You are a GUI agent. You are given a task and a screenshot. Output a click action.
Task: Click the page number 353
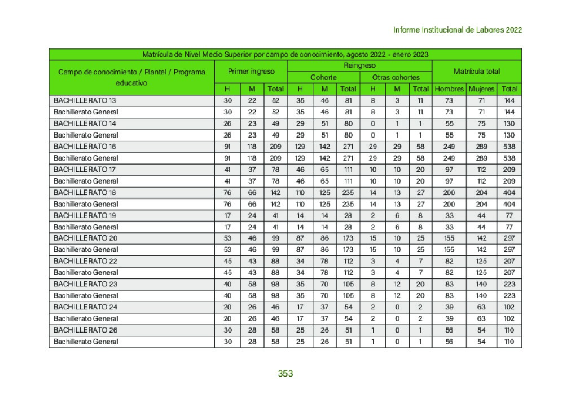[x=285, y=373]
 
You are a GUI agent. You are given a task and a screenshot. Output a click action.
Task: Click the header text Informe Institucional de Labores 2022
[x=457, y=30]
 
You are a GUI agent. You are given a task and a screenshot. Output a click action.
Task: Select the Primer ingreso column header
[x=251, y=72]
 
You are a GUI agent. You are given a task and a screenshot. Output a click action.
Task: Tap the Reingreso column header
[x=359, y=66]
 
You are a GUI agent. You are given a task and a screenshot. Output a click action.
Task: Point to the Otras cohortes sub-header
[x=396, y=77]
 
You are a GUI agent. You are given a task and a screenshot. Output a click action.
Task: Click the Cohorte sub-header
[x=323, y=77]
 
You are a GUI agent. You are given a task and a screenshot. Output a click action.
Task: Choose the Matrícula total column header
[x=477, y=72]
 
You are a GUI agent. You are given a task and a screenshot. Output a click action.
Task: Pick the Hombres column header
[x=449, y=89]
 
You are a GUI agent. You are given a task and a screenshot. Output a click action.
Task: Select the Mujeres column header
[x=481, y=89]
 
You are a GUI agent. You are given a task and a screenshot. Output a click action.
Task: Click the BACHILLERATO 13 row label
[x=85, y=100]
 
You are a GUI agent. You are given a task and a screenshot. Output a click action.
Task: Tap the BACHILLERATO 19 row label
[x=85, y=215]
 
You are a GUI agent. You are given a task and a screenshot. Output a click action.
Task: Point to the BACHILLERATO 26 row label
[x=85, y=330]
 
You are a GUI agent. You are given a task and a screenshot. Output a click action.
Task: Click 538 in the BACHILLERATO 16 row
[x=509, y=147]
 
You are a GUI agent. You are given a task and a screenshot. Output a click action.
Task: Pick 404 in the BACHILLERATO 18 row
[x=509, y=192]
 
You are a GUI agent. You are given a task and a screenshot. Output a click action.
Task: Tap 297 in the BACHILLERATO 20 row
[x=509, y=238]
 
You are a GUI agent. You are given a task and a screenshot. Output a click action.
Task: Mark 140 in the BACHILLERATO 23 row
[x=481, y=284]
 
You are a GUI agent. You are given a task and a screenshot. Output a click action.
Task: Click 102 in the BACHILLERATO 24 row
[x=509, y=307]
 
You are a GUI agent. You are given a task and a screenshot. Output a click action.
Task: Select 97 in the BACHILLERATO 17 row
[x=449, y=169]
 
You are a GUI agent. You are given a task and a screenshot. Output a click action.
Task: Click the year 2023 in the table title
[x=419, y=55]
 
